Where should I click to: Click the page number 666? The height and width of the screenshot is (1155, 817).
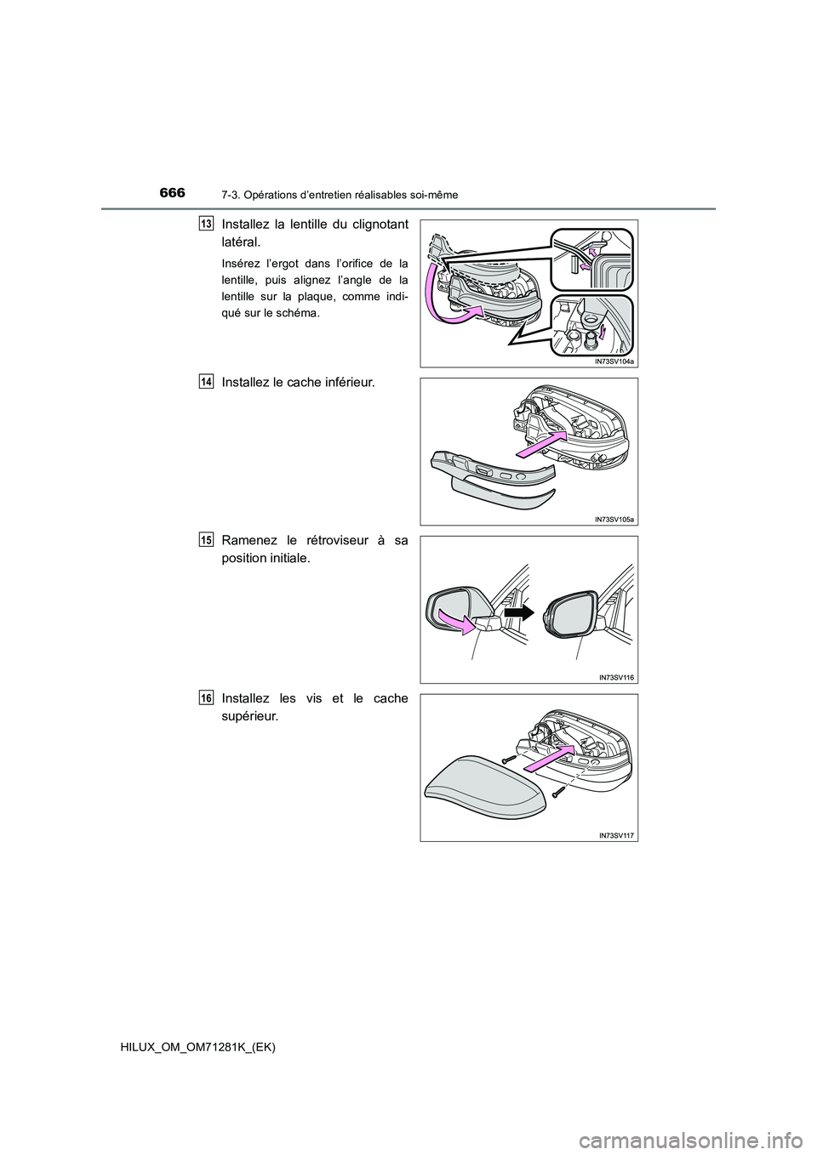(172, 193)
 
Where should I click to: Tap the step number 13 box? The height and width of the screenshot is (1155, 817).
(206, 224)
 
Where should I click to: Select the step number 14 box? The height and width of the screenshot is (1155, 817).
(206, 382)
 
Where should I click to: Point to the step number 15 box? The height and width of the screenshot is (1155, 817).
(206, 540)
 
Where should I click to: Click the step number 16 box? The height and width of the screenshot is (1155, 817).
(206, 698)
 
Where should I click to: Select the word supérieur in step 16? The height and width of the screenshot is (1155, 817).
(249, 717)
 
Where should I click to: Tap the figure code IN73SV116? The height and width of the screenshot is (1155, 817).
(616, 679)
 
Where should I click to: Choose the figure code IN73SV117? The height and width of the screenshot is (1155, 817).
(616, 836)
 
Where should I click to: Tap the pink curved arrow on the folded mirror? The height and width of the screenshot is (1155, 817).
(457, 620)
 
